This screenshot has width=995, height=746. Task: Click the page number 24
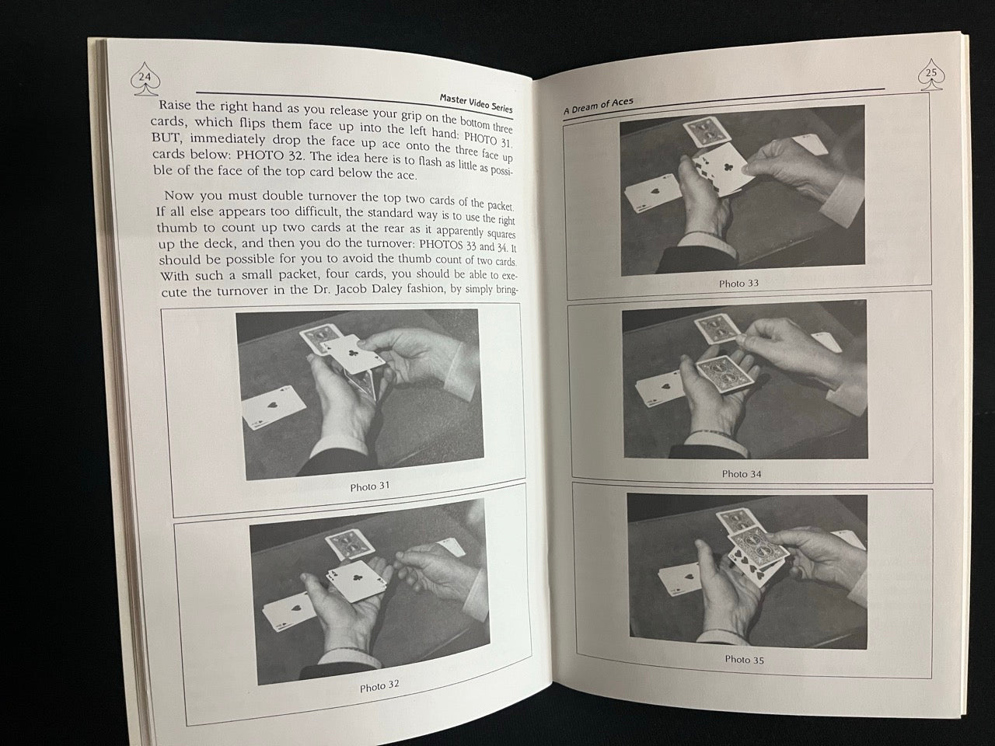coord(145,77)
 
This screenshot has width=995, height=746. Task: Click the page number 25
coord(931,72)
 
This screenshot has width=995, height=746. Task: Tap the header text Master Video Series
coord(476,103)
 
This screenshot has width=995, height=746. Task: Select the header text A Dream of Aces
coord(599,106)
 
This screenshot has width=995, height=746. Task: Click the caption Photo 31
coord(370,486)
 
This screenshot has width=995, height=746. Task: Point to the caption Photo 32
coord(380,686)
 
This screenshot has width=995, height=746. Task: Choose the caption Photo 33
coord(738,284)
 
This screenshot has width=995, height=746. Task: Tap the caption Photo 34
coord(742,474)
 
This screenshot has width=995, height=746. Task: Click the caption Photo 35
coord(745,660)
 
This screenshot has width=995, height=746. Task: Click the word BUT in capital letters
coord(164,138)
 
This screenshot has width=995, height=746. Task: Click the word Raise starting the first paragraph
coord(175,105)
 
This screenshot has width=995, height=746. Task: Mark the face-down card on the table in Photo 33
coord(707,133)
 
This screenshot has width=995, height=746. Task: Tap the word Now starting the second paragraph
coord(180,195)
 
